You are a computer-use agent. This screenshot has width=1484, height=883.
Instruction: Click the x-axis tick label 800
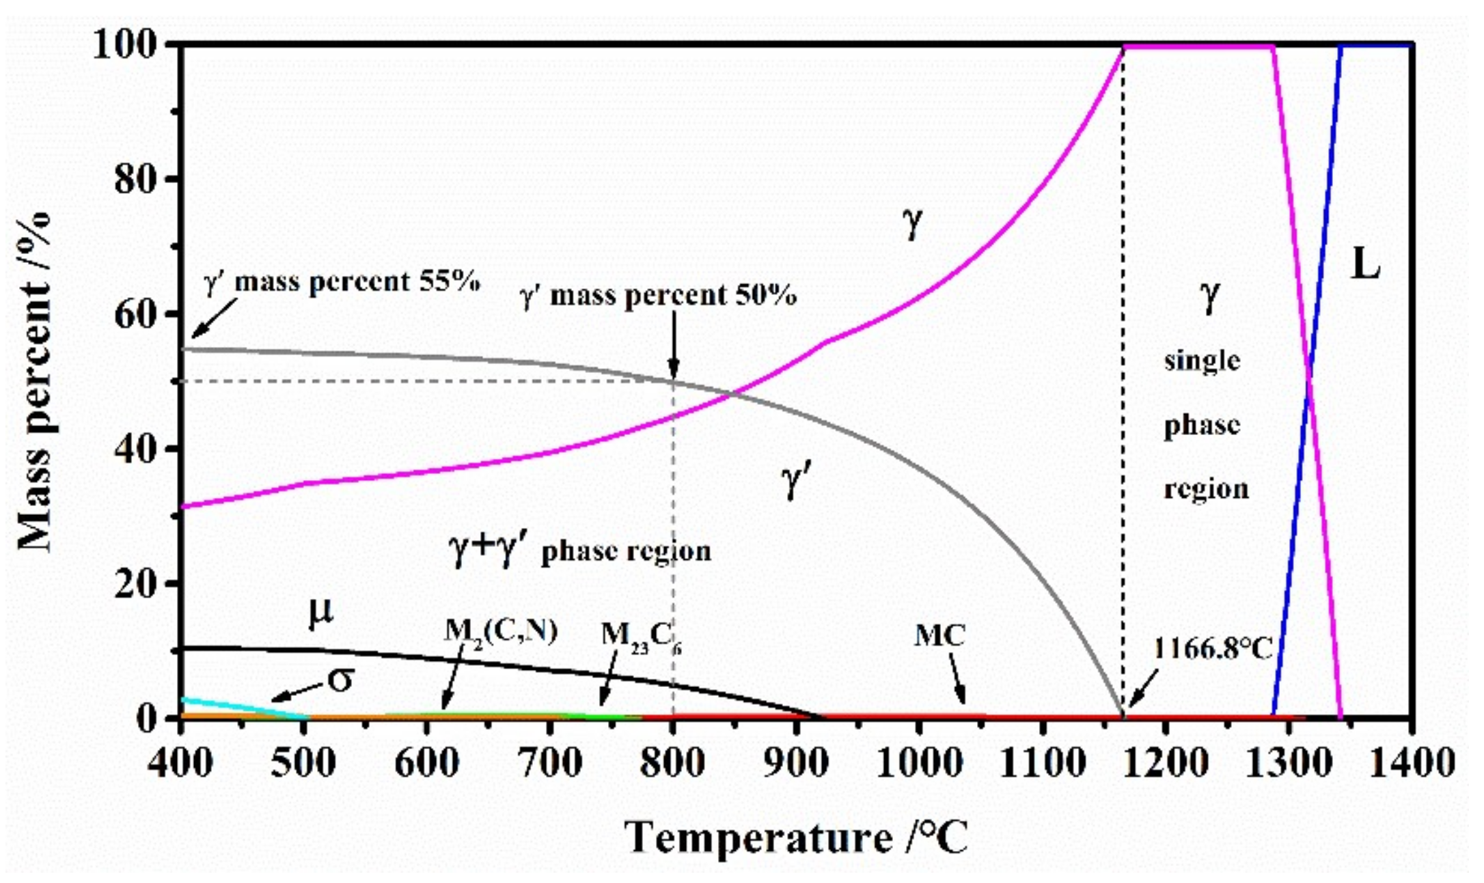click(x=672, y=763)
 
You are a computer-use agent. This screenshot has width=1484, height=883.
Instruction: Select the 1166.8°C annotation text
click(x=1213, y=649)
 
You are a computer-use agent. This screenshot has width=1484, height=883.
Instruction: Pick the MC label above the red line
click(x=939, y=636)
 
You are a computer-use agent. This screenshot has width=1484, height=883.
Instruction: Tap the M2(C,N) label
click(x=500, y=632)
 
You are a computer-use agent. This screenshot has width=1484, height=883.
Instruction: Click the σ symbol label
click(x=340, y=679)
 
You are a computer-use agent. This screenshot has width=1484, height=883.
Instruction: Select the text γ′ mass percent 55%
click(x=342, y=281)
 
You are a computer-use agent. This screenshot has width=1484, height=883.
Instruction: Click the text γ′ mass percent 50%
click(x=657, y=296)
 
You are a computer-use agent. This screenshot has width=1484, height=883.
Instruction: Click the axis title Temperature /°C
click(x=796, y=838)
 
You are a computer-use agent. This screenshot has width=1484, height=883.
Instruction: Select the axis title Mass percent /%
click(x=36, y=382)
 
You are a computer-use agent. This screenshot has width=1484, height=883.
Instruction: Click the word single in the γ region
click(x=1201, y=361)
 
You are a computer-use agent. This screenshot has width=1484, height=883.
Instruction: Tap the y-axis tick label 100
click(x=130, y=46)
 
